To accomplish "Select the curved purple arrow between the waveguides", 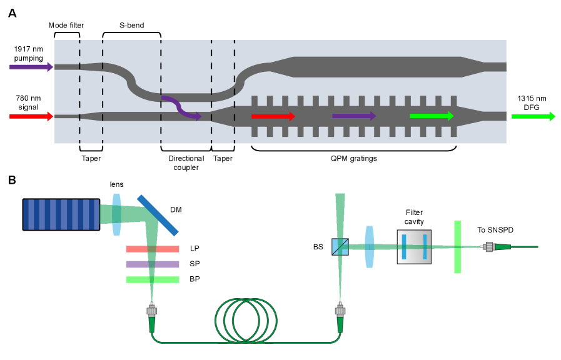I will click(181, 108).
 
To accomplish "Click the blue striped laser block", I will click(61, 214).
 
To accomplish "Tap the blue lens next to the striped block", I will click(117, 214).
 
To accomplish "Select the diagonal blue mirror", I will click(158, 215).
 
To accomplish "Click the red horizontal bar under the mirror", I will click(153, 249).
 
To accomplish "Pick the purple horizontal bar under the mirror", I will click(153, 264).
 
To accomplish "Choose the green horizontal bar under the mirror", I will click(153, 279).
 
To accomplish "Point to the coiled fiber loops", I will click(246, 321).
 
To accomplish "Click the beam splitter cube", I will click(340, 247).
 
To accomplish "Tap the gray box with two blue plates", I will click(414, 247).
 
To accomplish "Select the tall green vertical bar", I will click(457, 247).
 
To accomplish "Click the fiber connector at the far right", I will click(489, 247).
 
